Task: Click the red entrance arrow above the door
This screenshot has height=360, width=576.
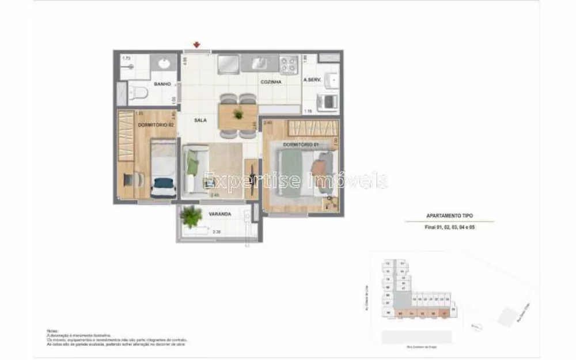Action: tap(197, 44)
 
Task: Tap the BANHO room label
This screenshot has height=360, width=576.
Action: tap(162, 84)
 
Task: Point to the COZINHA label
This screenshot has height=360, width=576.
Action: tap(271, 82)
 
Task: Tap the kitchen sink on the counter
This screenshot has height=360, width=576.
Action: tap(259, 63)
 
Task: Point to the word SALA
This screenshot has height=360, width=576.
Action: tap(200, 120)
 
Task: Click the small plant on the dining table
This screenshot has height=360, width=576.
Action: tap(238, 115)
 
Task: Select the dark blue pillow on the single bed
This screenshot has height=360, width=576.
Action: tap(164, 184)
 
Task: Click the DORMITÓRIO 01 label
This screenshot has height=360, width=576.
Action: tap(300, 143)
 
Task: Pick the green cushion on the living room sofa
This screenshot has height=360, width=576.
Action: tap(193, 166)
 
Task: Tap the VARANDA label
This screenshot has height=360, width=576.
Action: tap(219, 214)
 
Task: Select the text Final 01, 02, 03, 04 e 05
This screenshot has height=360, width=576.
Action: tap(449, 228)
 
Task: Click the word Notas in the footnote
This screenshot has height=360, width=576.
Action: tap(52, 331)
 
